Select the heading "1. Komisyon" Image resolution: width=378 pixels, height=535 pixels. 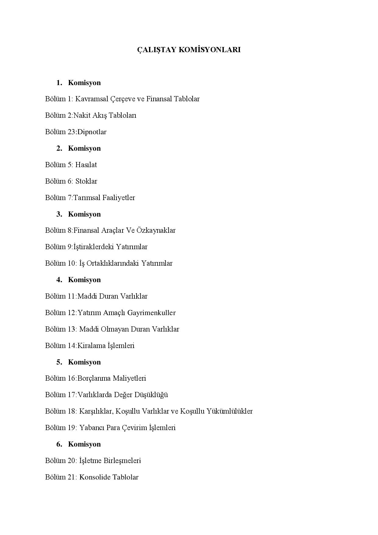tap(79, 83)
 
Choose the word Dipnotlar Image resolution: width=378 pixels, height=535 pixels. tap(92, 132)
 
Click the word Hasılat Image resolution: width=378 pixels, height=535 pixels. tap(86, 165)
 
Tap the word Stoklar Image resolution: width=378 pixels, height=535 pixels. tap(86, 181)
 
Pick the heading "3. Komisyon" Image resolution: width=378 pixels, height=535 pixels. tap(79, 214)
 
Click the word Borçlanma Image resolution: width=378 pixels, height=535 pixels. tap(94, 378)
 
